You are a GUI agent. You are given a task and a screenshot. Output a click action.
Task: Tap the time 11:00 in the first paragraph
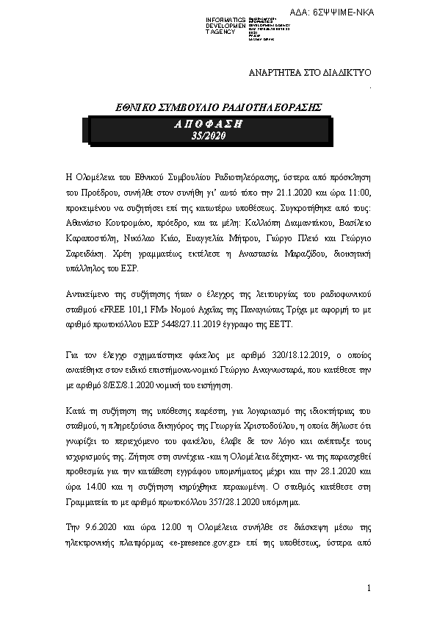(357, 193)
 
